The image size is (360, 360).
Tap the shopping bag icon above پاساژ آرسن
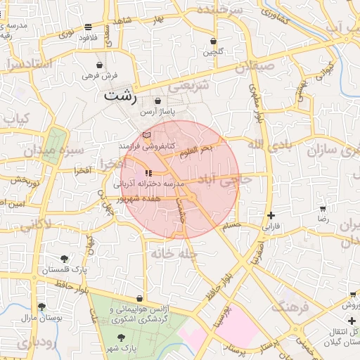coord(157,101)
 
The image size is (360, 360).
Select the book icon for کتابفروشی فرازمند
coord(146,134)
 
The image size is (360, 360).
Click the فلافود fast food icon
coord(87,27)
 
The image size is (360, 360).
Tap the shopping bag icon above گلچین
coord(213,41)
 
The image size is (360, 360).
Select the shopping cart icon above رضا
coord(323,209)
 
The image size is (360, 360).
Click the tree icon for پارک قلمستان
coord(65,259)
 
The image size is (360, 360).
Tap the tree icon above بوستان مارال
coord(42,307)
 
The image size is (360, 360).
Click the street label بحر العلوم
coord(195,150)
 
